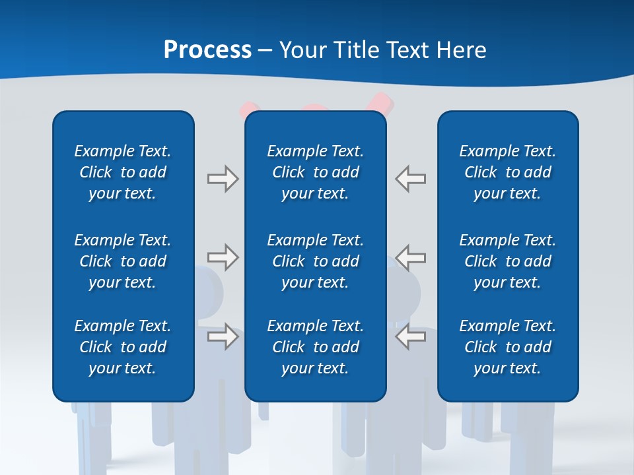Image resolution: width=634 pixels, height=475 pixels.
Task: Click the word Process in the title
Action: tap(207, 49)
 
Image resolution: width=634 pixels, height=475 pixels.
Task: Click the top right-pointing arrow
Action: tap(223, 179)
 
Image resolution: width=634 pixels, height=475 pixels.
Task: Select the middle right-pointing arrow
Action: tap(223, 257)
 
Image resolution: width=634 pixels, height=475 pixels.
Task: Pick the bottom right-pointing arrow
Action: tap(223, 336)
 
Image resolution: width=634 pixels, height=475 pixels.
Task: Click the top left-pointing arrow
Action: tap(411, 179)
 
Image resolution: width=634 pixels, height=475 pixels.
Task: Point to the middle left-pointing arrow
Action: tap(411, 257)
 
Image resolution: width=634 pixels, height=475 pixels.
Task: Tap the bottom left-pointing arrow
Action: tap(411, 336)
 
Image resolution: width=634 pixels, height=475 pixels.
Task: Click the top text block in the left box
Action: tap(123, 172)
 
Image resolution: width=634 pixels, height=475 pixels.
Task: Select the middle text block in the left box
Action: tap(123, 261)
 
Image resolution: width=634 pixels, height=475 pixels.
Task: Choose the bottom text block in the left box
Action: tap(123, 347)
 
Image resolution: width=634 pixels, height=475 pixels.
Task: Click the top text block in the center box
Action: tap(315, 172)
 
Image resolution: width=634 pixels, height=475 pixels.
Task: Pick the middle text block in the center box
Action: tap(315, 261)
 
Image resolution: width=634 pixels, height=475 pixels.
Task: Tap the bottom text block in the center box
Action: tap(315, 347)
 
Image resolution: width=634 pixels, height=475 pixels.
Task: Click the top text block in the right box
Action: tap(508, 172)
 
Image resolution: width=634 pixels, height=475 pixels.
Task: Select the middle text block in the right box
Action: tap(508, 261)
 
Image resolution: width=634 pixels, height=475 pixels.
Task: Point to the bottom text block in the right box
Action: tap(508, 347)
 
